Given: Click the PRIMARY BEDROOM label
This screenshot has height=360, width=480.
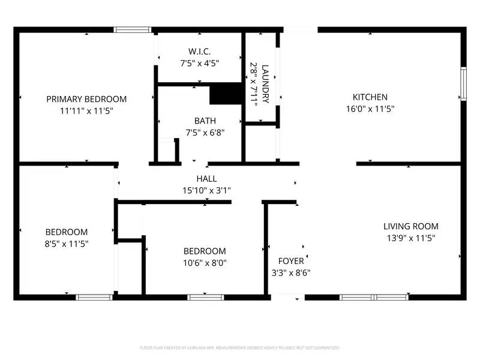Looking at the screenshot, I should point(86,99).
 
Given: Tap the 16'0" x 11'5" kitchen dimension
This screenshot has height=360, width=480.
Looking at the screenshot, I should point(370,109).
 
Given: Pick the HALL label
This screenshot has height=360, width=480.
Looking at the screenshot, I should point(206,179).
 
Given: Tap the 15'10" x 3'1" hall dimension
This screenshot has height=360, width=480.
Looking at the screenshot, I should point(206,190).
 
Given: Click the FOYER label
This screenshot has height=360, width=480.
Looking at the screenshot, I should point(291,261).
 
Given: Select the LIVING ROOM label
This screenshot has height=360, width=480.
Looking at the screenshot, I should point(410,226).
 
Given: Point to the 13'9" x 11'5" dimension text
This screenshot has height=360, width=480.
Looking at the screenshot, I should point(410,238).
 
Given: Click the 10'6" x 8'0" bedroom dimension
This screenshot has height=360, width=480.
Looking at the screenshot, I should point(205,262).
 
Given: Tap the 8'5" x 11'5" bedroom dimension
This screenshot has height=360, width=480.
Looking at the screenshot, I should point(67,243).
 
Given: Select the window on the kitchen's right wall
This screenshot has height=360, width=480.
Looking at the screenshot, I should point(463,84).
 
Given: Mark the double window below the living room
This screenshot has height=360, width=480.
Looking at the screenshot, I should point(374,297).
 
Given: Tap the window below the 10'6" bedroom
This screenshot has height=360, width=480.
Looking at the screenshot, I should point(205,297).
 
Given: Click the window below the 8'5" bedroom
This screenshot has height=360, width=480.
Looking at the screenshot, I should point(94,297).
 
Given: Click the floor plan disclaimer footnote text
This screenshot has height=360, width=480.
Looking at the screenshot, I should point(240,347).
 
